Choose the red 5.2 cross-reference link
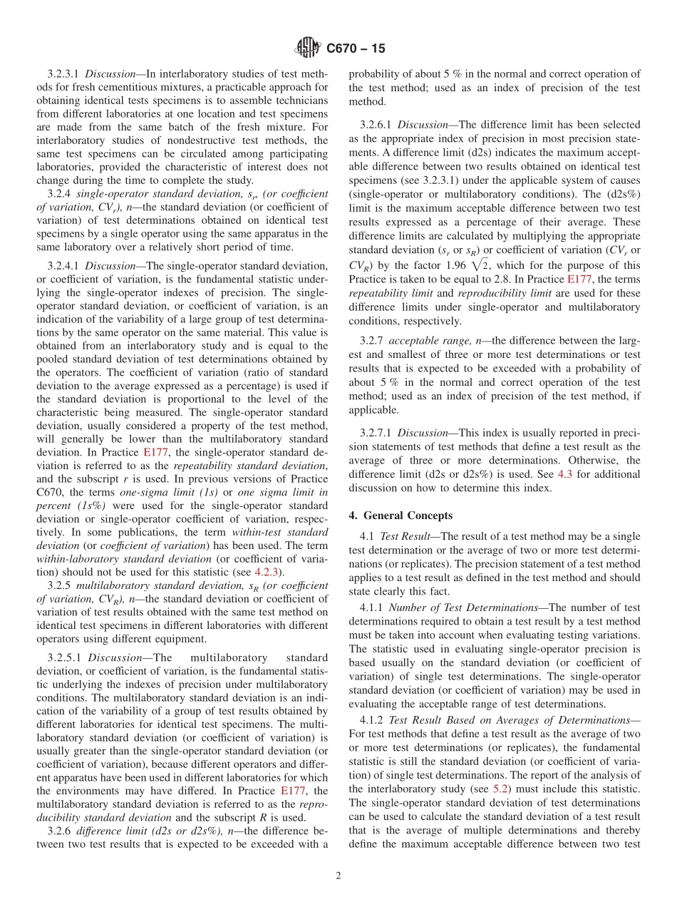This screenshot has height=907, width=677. (501, 789)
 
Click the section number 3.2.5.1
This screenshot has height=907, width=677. (64, 657)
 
